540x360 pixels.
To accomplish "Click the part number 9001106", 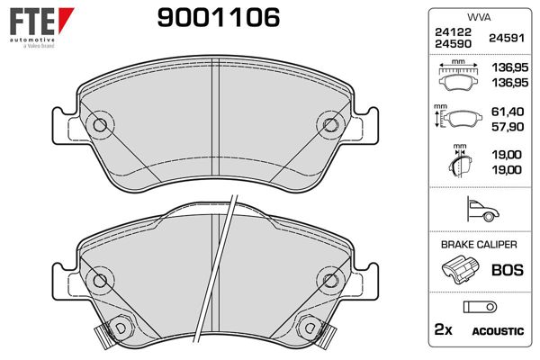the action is [x=219, y=18].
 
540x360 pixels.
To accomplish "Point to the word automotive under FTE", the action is [x=32, y=40].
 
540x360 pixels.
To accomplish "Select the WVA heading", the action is [x=479, y=17].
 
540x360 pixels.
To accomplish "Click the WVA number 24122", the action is [x=453, y=32].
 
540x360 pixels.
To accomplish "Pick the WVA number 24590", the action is [x=453, y=44].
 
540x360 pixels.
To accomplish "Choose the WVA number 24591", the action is [x=507, y=38].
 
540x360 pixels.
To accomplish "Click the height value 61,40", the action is [x=508, y=112].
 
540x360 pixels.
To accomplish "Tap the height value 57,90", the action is [x=508, y=127].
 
